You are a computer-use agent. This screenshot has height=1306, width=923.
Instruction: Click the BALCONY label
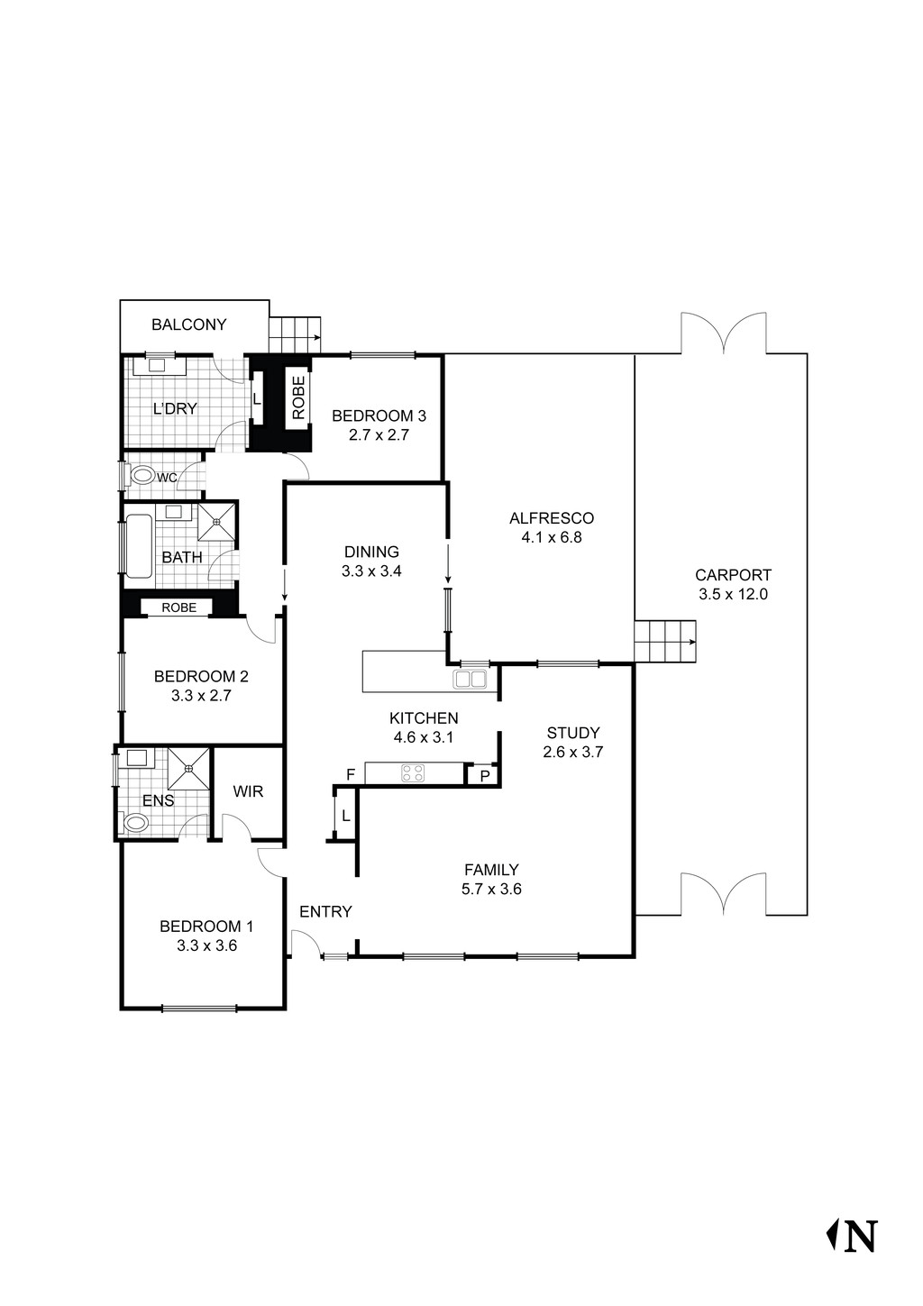(188, 324)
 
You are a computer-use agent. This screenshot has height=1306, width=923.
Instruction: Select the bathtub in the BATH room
(139, 545)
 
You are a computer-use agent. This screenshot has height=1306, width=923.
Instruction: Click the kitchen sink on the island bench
(471, 679)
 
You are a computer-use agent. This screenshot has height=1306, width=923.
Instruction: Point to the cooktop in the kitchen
(413, 772)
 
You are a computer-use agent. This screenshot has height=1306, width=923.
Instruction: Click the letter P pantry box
(484, 775)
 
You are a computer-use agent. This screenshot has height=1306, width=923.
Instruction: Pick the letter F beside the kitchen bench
(351, 774)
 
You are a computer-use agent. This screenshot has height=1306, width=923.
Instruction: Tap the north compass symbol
(852, 1236)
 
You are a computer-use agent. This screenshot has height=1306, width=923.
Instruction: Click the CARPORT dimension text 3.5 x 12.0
(733, 594)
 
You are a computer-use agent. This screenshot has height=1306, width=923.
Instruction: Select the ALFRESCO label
(551, 518)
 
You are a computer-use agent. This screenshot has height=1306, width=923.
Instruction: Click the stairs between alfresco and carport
(665, 642)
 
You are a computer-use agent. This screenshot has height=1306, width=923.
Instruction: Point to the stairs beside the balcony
(295, 336)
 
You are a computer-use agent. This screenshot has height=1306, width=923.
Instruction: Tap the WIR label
(248, 791)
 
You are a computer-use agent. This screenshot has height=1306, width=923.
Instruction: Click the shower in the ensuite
(188, 769)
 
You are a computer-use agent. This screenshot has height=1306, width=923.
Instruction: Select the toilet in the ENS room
(136, 822)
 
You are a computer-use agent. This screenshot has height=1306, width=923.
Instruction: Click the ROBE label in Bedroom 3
(298, 397)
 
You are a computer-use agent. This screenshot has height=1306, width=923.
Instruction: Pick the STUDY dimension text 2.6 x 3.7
(572, 752)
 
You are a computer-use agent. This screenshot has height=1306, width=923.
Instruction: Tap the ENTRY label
(325, 911)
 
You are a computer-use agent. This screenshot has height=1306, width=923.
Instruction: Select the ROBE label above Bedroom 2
(178, 607)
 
